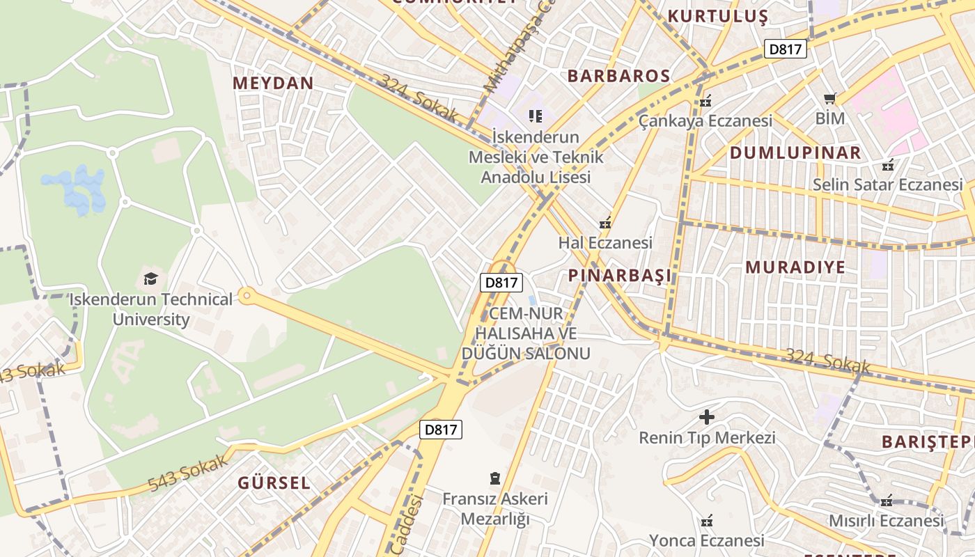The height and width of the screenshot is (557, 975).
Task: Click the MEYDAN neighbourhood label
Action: (x=273, y=83)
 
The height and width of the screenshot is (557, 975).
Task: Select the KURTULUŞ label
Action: (x=717, y=16)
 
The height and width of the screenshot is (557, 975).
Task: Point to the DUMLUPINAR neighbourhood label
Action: (x=795, y=152)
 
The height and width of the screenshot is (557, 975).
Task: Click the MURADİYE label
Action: (x=795, y=267)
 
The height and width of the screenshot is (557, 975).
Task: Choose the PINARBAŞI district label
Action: (x=620, y=275)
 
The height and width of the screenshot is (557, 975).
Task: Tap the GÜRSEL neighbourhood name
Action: (x=274, y=483)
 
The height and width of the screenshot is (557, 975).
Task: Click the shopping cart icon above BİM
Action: (x=829, y=98)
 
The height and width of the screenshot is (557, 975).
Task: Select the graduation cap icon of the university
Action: (x=150, y=279)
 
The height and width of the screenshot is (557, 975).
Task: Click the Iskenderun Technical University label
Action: (x=150, y=309)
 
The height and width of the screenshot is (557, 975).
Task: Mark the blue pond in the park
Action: (x=75, y=189)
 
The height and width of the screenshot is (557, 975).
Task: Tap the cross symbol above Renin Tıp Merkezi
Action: (x=707, y=417)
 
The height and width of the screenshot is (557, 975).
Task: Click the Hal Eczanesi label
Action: (x=605, y=242)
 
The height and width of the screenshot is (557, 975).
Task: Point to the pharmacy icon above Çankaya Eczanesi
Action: (x=705, y=101)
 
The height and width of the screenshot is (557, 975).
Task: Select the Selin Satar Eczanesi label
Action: (x=887, y=185)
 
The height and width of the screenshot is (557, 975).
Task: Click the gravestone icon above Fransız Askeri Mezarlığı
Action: (x=494, y=478)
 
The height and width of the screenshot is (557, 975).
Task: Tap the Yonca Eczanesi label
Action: (x=707, y=540)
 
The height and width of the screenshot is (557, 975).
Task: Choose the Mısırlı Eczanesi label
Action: (x=886, y=520)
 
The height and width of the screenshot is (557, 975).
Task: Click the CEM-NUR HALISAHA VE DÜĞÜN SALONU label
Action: (x=526, y=333)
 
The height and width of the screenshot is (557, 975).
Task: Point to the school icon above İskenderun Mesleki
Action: (x=535, y=116)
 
